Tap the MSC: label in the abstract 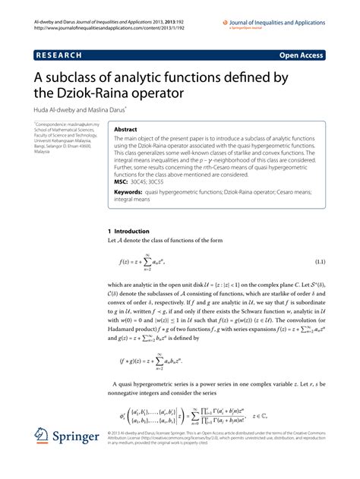tap(120, 183)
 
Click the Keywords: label tap(131, 194)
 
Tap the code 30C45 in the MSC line tap(140, 183)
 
